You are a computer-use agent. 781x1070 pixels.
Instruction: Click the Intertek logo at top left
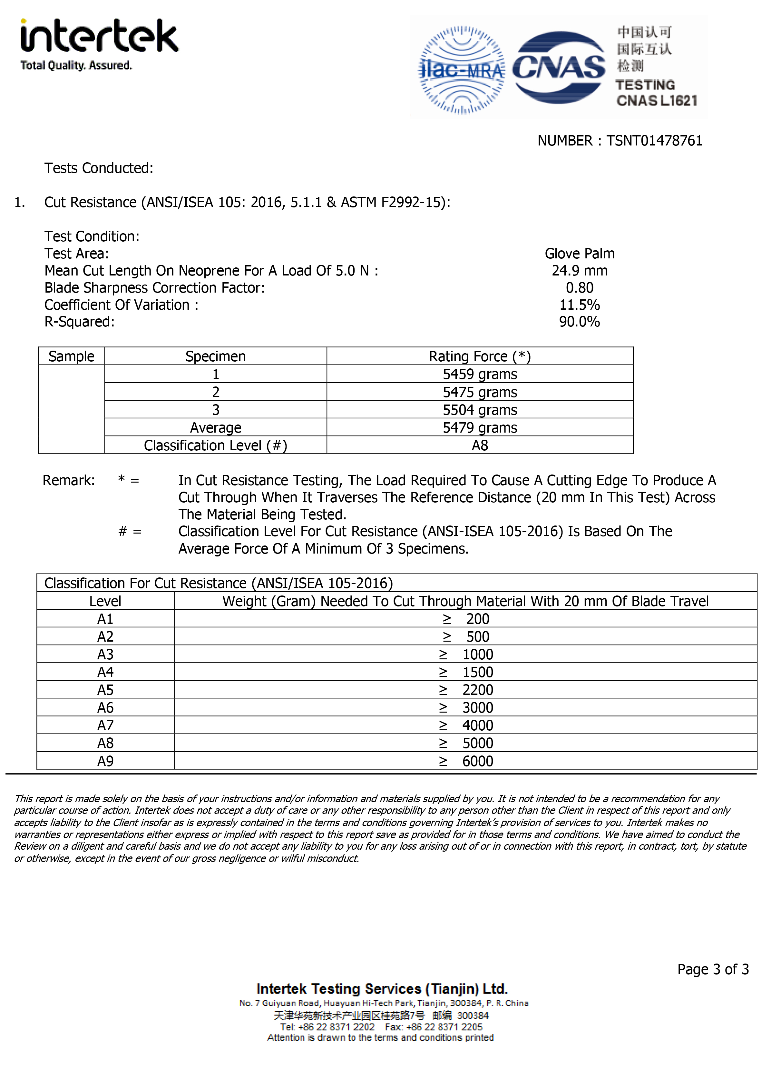pos(99,44)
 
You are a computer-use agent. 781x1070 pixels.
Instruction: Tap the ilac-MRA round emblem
pos(462,70)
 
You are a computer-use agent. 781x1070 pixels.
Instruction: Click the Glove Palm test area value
pos(579,254)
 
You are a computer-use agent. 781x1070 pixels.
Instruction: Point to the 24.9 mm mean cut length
pos(579,271)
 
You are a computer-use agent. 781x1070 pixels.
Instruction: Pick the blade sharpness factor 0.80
pos(579,288)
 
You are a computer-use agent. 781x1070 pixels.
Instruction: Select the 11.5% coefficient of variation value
pos(579,305)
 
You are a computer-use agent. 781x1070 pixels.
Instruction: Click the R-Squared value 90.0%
pos(579,322)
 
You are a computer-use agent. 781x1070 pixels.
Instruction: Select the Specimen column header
pos(216,356)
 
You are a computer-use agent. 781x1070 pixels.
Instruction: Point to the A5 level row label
pos(105,690)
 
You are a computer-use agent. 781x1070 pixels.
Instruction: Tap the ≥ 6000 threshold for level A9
pos(466,761)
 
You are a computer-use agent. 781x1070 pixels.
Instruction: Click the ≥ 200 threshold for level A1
pos(466,619)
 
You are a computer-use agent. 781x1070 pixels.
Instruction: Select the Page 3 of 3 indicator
pos(712,969)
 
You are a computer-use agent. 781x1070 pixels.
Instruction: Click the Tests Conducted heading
pos(99,168)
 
